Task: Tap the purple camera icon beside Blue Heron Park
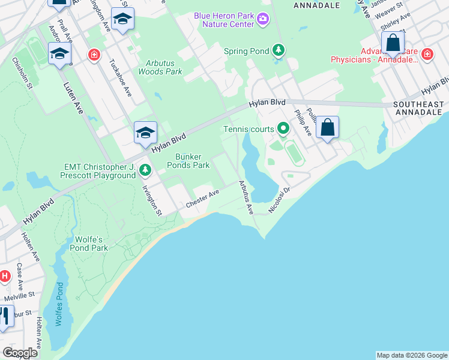262,20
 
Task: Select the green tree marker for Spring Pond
277,50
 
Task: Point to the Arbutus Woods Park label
160,67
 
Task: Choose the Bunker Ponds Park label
187,160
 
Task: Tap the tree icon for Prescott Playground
145,171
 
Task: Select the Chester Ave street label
202,199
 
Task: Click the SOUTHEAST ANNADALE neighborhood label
418,109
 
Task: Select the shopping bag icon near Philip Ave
327,128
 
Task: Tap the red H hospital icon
4,276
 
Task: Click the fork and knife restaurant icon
4,317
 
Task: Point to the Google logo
20,353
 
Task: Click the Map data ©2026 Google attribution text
411,355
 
